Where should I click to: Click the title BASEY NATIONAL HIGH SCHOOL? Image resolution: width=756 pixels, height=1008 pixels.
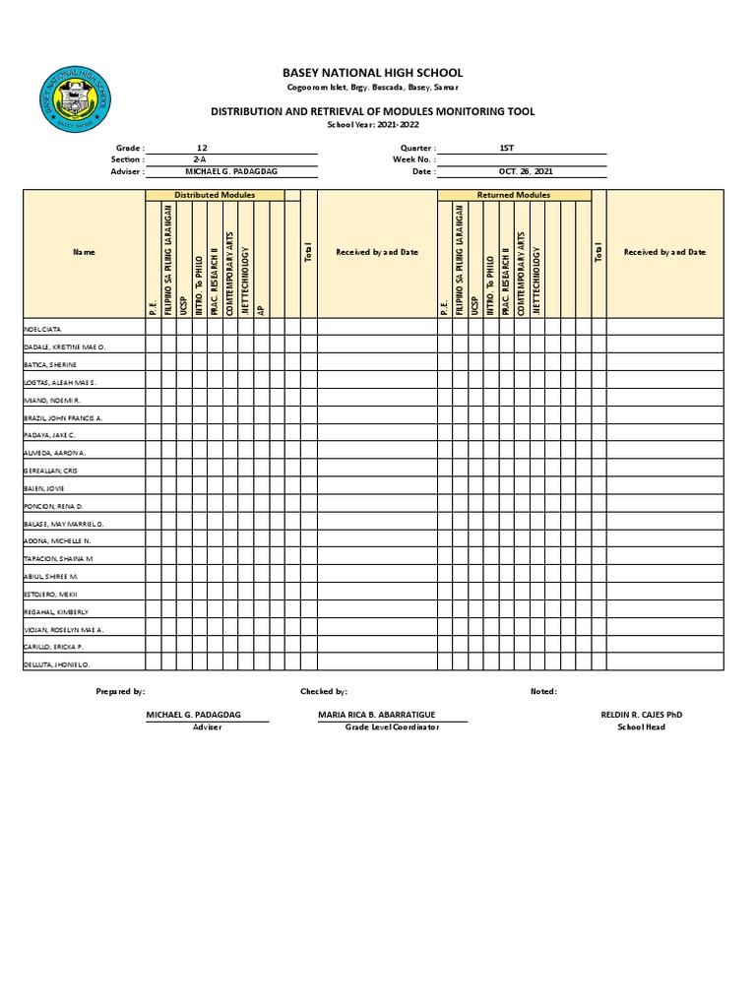(x=372, y=73)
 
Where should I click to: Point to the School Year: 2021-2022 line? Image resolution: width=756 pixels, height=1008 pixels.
(x=372, y=125)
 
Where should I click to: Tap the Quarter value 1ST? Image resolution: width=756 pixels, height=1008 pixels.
(x=506, y=147)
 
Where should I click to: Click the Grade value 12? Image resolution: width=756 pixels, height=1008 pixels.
(x=202, y=147)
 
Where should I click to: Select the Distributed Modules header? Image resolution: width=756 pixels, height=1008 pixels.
(x=215, y=195)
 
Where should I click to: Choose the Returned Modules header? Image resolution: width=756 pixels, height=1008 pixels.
(x=514, y=195)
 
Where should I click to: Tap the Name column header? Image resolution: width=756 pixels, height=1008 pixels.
(x=85, y=252)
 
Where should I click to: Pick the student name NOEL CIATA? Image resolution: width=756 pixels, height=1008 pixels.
(x=42, y=329)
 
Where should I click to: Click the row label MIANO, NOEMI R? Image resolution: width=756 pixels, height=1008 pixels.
(x=51, y=401)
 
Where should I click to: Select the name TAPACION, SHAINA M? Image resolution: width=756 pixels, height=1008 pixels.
(x=58, y=558)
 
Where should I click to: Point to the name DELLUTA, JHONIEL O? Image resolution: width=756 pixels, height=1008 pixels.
(x=56, y=664)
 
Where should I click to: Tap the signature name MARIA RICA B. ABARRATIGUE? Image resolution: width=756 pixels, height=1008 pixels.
(x=377, y=714)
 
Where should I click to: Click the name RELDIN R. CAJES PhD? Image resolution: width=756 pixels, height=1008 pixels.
(x=641, y=714)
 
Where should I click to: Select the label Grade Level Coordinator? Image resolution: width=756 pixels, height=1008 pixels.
(x=392, y=726)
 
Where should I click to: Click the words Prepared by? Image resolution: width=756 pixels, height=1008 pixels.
(x=120, y=692)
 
